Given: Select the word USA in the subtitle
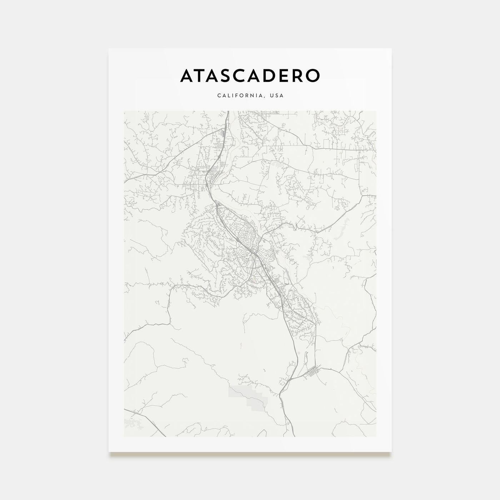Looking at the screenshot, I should coord(277,96).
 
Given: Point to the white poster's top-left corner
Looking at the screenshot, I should coord(109,49).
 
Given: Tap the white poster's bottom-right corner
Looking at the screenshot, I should coord(391,451).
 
